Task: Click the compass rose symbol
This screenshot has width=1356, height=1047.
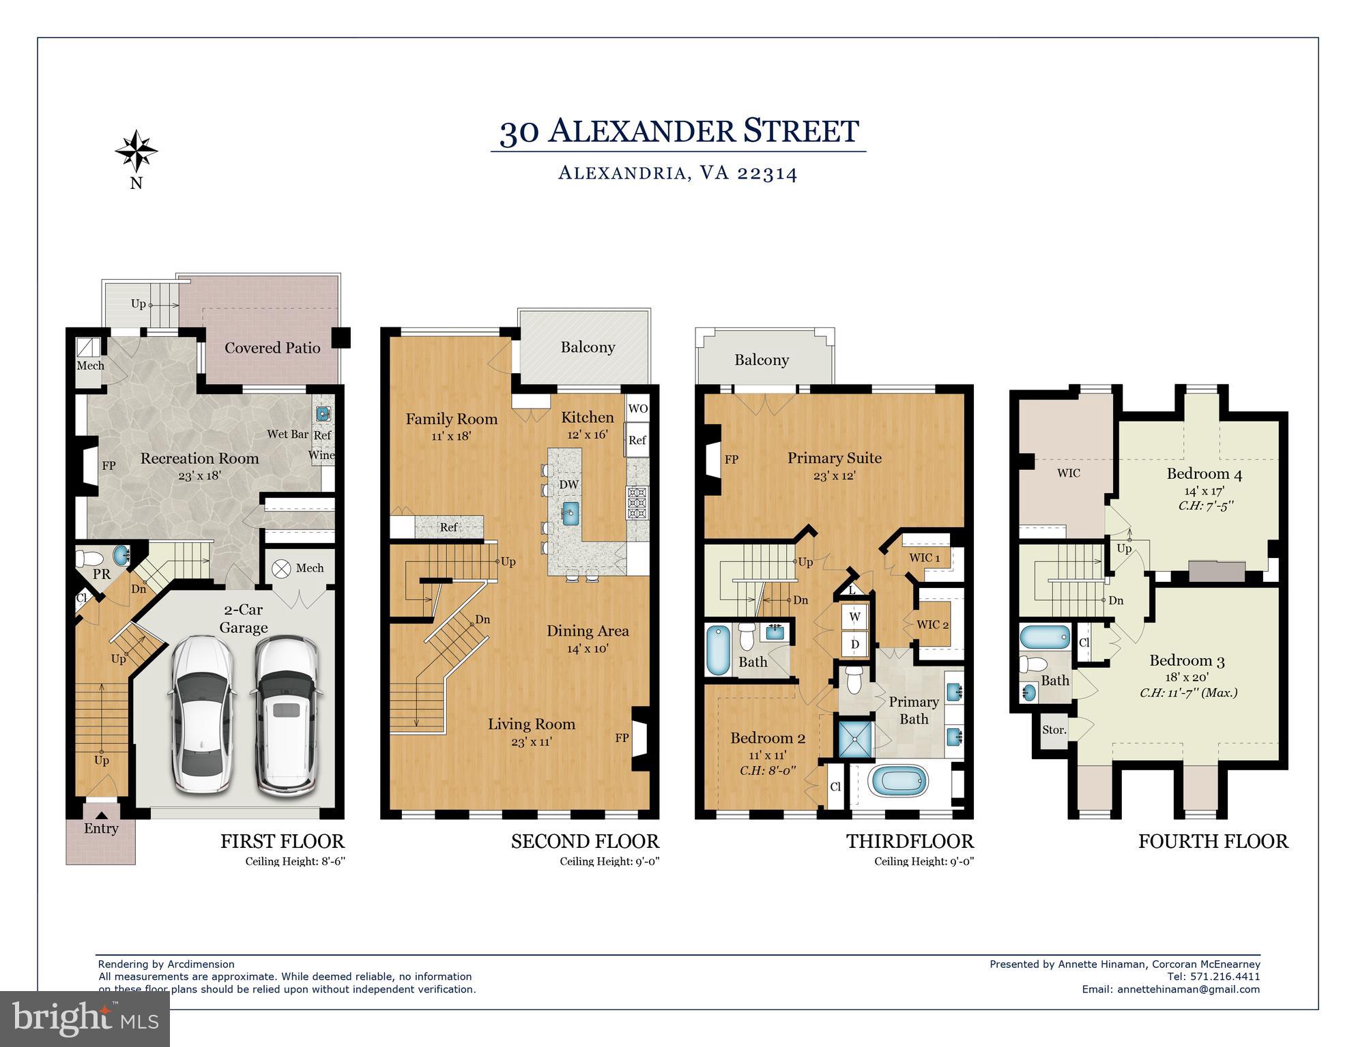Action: click(x=136, y=151)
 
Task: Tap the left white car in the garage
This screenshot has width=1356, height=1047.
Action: click(x=203, y=714)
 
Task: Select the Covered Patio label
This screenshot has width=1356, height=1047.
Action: click(x=272, y=348)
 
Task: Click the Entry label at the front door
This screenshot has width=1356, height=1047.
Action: click(x=101, y=828)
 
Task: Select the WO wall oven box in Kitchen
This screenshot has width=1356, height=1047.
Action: click(x=637, y=409)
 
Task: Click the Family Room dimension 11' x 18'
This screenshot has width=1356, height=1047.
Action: click(x=451, y=436)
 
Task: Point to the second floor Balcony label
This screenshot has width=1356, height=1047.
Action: click(x=588, y=347)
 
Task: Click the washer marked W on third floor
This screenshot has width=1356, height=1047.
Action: click(x=854, y=617)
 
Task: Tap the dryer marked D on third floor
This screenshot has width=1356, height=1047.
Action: click(x=854, y=644)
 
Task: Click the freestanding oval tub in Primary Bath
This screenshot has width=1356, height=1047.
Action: click(x=901, y=782)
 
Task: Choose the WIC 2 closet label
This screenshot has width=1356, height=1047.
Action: click(x=932, y=624)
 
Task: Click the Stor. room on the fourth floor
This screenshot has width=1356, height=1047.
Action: click(x=1054, y=730)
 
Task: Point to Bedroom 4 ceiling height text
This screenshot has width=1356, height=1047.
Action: click(x=1206, y=506)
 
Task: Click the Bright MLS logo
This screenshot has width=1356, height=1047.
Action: click(x=85, y=1019)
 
